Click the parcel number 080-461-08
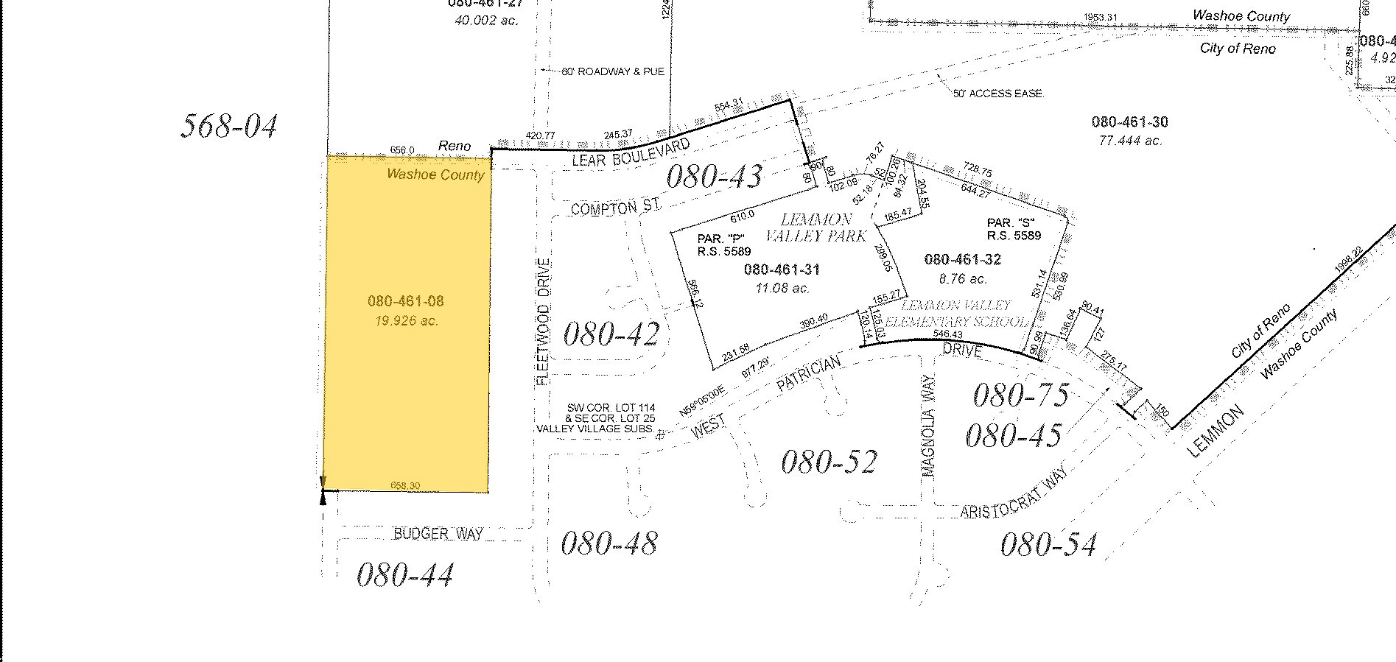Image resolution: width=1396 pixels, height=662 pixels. click(405, 301)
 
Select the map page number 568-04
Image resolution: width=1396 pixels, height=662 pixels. click(229, 126)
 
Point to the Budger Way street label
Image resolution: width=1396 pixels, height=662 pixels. click(438, 533)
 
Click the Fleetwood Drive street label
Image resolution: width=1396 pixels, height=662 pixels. click(544, 321)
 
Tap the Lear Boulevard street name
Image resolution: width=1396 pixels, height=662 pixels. click(631, 151)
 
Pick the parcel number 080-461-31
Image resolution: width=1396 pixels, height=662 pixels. click(782, 270)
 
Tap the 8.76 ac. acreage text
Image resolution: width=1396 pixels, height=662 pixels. click(962, 279)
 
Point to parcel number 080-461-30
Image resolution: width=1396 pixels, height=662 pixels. click(1129, 122)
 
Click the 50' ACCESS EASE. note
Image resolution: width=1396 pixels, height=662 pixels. click(998, 94)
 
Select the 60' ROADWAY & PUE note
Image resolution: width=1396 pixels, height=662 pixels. click(612, 71)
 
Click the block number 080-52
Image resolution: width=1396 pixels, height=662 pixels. click(829, 462)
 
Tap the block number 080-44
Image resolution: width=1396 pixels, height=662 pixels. click(404, 574)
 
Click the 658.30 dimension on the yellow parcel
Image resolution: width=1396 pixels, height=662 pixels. click(405, 486)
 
